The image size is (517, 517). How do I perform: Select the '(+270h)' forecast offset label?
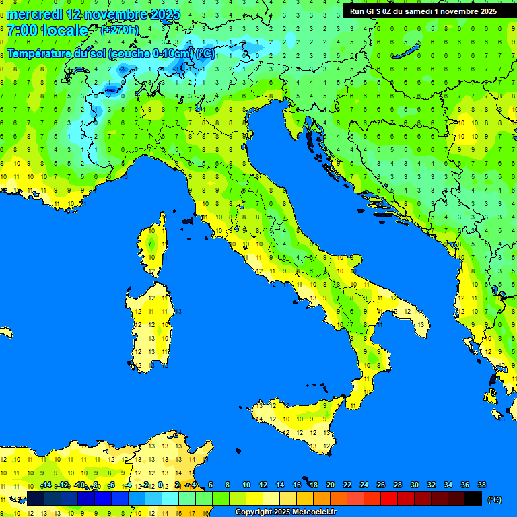[119, 30]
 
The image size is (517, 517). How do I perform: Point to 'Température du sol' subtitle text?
[57, 53]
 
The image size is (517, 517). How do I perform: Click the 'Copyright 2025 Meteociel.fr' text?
[285, 512]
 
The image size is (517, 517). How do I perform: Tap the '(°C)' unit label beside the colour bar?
[494, 499]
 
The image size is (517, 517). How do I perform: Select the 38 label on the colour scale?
[481, 485]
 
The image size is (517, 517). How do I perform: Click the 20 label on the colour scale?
[330, 485]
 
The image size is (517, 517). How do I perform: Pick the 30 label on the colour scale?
[414, 485]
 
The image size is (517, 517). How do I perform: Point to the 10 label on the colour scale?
[246, 485]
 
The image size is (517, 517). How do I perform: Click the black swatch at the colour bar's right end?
[473, 498]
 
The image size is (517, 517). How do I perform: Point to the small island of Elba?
[188, 220]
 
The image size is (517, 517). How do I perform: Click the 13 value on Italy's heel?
[421, 325]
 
